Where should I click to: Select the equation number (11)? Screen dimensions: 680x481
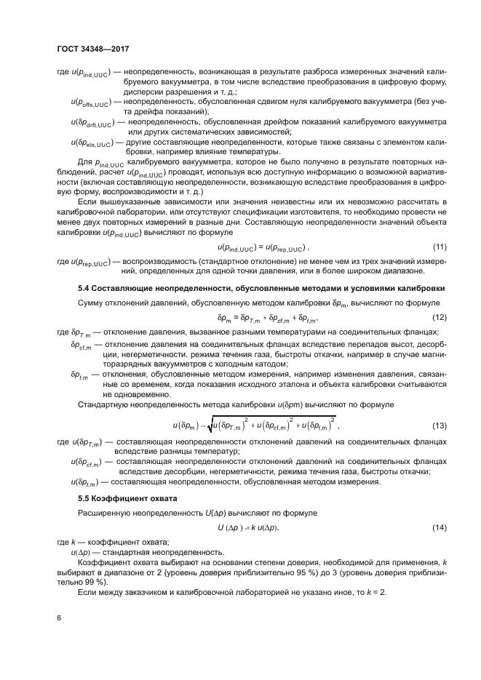[439, 247]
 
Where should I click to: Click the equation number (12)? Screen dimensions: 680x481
[439, 318]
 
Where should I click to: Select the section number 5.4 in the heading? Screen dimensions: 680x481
[84, 289]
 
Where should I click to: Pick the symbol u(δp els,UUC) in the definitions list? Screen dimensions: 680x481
[91, 143]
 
